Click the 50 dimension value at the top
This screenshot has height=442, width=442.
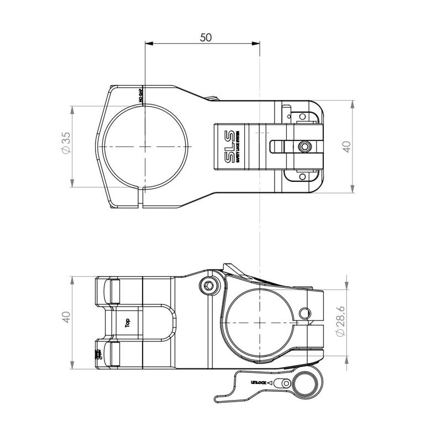pos(206,37)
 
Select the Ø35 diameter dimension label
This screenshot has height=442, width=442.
pos(66,143)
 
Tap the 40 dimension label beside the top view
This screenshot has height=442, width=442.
pos(346,146)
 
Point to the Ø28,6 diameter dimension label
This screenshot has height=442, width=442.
pos(340,323)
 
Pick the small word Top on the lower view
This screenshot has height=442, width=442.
pos(128,323)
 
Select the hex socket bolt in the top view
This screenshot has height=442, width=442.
pos(303,146)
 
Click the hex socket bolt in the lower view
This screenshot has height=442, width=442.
pos(209,285)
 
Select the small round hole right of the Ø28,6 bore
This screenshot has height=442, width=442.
pos(304,313)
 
